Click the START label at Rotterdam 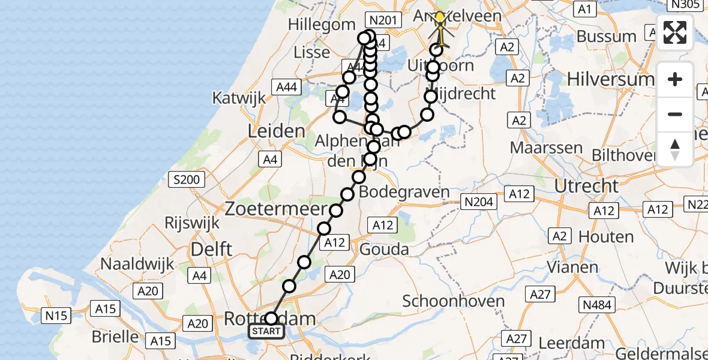(x=266, y=331)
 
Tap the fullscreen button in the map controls (x=675, y=32)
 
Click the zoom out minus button (x=675, y=114)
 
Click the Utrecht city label (x=586, y=185)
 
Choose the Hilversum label (x=619, y=79)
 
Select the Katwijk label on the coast (x=239, y=98)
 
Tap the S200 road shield (x=188, y=179)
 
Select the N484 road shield (x=597, y=305)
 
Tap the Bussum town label (x=606, y=36)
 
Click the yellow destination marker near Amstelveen (x=440, y=18)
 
